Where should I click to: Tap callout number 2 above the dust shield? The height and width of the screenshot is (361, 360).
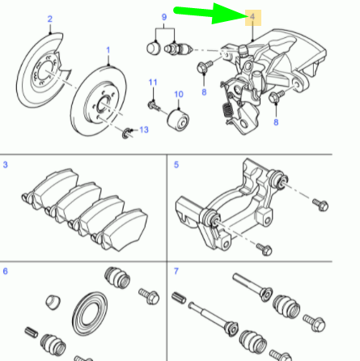point(49,19)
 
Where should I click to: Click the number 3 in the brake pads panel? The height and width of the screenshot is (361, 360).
point(6,166)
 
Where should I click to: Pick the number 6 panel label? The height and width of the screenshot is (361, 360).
point(6,272)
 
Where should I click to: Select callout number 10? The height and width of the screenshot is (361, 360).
point(177,95)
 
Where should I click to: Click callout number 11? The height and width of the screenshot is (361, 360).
point(151,83)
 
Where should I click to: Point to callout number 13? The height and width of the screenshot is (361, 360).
point(144,130)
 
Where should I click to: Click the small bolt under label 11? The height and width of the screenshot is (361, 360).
point(152,104)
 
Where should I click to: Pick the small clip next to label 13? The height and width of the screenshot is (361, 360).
point(127,133)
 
